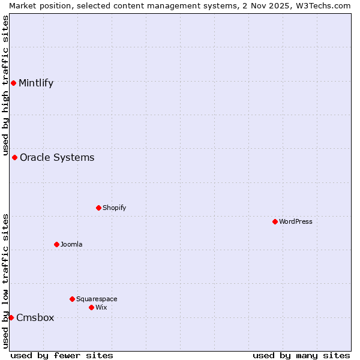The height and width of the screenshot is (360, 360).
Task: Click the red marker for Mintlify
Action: (x=13, y=83)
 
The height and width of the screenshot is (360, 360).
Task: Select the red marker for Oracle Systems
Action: (x=14, y=157)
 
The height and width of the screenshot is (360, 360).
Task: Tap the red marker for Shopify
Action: (x=98, y=208)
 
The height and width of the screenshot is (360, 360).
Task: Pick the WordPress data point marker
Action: (x=275, y=221)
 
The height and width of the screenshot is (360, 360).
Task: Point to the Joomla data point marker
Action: (x=56, y=244)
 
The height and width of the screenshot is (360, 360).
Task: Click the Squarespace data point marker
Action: (x=72, y=299)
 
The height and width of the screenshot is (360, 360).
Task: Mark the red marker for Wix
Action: (x=91, y=307)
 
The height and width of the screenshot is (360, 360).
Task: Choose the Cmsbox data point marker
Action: (x=11, y=317)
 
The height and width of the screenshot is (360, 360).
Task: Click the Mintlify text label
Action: (x=36, y=83)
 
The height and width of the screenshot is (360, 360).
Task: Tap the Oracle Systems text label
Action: (x=57, y=158)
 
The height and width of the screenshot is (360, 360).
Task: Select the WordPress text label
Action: (x=296, y=222)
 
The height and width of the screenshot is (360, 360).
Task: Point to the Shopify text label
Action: (x=115, y=208)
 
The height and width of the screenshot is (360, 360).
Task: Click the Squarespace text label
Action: (x=97, y=299)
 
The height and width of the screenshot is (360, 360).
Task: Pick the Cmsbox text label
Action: (x=35, y=318)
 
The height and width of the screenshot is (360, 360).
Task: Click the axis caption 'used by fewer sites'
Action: (x=62, y=355)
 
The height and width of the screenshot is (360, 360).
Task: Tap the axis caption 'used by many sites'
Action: (x=301, y=355)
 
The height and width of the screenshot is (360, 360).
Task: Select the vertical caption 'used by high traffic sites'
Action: (x=5, y=82)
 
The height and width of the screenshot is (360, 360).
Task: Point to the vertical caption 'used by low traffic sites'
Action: (x=5, y=281)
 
